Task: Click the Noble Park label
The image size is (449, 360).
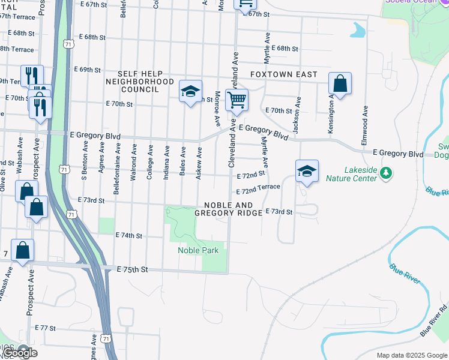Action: click(x=198, y=250)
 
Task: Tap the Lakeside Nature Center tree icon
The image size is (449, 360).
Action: click(x=386, y=174)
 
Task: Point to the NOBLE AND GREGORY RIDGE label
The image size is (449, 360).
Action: click(x=229, y=208)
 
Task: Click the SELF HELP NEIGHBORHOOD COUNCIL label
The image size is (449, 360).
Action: click(x=140, y=81)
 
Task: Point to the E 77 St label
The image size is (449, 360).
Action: click(x=45, y=328)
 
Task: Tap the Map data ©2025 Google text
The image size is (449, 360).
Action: click(x=411, y=355)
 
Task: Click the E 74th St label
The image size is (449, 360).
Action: click(x=128, y=236)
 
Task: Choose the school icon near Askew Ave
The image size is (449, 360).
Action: click(x=190, y=92)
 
